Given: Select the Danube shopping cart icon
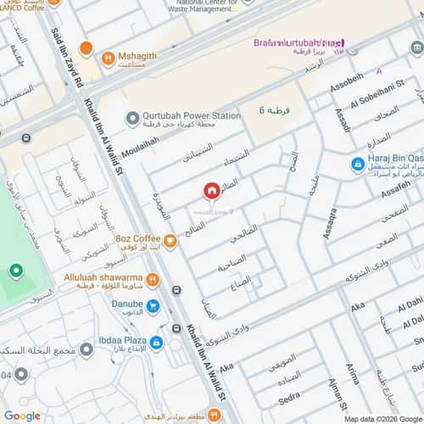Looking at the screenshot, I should click(x=153, y=306).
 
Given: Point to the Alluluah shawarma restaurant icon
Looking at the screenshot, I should click(x=153, y=279).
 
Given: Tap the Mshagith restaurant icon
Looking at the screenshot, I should click(x=108, y=59).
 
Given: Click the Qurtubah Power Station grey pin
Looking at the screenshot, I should click(x=131, y=119).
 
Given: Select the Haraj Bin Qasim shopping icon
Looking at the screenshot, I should click(x=359, y=164).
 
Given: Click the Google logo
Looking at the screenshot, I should click(x=22, y=416).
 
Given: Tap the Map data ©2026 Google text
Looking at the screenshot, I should click(x=381, y=419).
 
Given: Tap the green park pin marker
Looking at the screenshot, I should click(x=15, y=271).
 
